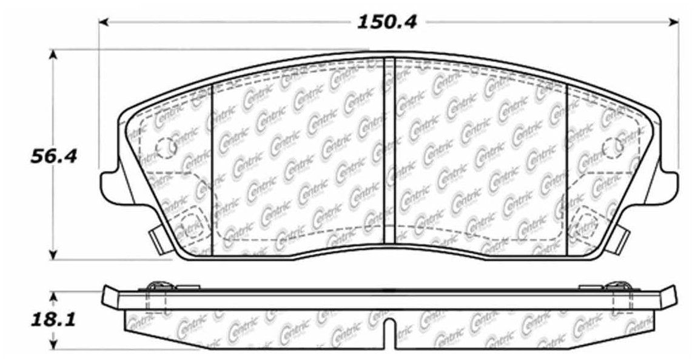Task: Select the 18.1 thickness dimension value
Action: pos(54,319)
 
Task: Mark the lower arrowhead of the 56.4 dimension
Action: pos(54,254)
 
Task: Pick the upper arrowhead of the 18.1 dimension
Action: pos(54,295)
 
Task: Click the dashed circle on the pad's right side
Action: pos(613,146)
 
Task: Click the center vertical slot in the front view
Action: pos(389,152)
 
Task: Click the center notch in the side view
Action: pos(389,332)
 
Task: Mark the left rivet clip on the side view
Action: pos(159,285)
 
